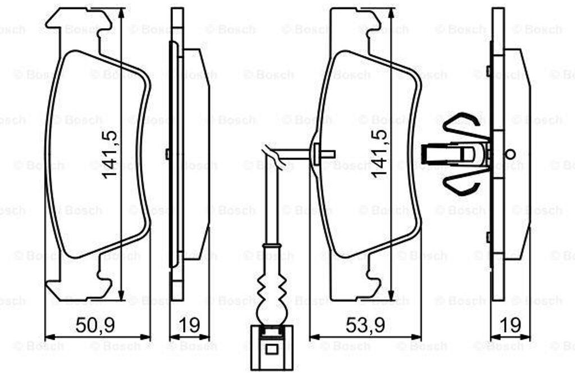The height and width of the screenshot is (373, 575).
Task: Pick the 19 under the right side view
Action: [x=510, y=324]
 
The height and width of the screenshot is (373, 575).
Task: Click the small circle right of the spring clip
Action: [x=510, y=154]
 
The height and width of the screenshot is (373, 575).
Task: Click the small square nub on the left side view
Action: [x=168, y=154]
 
